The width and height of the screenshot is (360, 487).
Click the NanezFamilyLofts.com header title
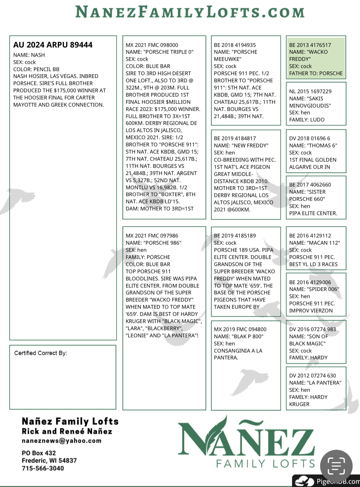click(x=190, y=12)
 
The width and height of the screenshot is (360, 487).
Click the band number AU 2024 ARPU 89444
click(x=53, y=45)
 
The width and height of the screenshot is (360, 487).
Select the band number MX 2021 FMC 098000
click(x=152, y=45)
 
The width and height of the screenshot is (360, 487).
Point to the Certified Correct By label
click(x=40, y=353)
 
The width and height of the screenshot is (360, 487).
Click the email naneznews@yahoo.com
click(x=62, y=441)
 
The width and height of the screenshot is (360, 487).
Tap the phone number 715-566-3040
click(x=43, y=468)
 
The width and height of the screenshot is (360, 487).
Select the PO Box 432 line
click(x=39, y=453)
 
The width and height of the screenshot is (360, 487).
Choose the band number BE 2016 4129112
click(x=310, y=236)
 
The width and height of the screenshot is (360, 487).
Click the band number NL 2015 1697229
click(x=310, y=91)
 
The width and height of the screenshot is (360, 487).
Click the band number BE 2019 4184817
click(x=235, y=138)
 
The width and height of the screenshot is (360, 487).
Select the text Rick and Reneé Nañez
click(x=67, y=431)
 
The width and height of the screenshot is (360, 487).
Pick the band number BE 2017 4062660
click(x=310, y=185)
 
